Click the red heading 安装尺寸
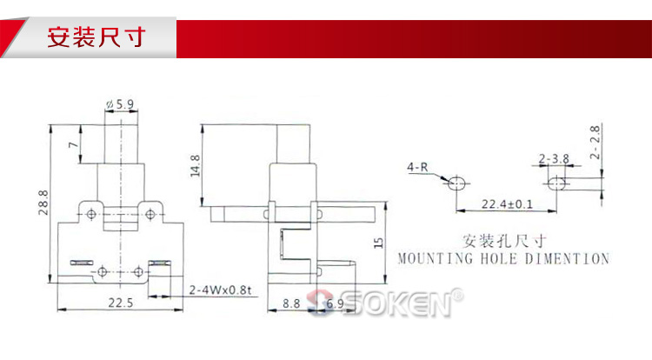point(96,37)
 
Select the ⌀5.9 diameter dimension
point(120,104)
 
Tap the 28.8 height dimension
point(43,203)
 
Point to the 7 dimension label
point(74,144)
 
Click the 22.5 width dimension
point(121,303)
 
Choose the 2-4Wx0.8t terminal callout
point(220,290)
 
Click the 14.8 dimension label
point(195,166)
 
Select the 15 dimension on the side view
point(378,243)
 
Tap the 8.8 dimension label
point(291,303)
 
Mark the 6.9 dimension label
point(335,303)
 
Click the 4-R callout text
point(417,167)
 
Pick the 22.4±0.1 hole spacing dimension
point(507,204)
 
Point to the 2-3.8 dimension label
point(554,158)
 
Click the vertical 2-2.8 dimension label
point(595,143)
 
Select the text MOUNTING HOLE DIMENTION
point(503,258)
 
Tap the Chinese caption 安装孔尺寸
point(504,241)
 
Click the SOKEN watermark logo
point(385,303)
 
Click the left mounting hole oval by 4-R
point(456,183)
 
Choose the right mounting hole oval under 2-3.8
point(556,183)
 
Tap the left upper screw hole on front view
point(91,215)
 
